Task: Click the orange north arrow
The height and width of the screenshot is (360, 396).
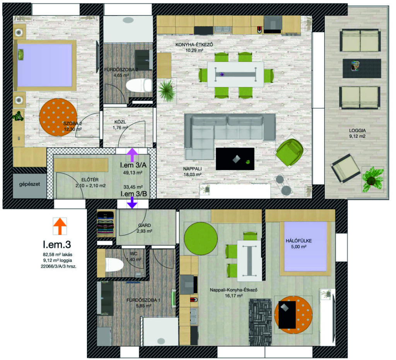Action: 60,226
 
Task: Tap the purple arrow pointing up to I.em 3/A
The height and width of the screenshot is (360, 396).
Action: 132,155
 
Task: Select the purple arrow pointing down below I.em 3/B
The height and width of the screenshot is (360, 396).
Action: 132,203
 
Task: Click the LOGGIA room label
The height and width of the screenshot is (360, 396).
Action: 357,131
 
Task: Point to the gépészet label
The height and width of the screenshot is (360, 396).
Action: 29,184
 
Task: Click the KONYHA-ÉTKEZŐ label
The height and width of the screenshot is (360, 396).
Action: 194,45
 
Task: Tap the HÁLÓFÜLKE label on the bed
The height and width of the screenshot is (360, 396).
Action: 299,241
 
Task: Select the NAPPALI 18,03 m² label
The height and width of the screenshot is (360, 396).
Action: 192,171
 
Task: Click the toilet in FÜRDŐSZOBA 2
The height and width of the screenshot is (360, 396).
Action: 139,85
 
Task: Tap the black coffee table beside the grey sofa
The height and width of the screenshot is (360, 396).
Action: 235,159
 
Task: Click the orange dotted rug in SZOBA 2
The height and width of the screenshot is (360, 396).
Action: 58,117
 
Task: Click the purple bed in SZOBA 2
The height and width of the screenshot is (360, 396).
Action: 45,65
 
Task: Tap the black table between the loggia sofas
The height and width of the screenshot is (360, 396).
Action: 362,68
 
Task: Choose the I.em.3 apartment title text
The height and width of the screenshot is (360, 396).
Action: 57,244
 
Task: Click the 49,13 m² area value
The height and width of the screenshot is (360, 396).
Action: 133,173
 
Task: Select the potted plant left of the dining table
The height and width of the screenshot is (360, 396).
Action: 167,91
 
